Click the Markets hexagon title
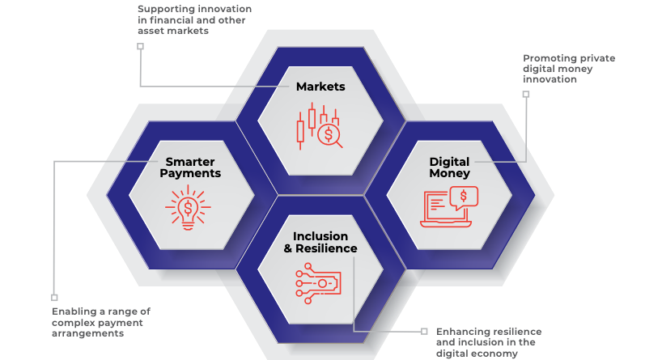coord(320,87)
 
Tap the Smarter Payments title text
coord(190,167)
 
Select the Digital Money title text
coord(449,167)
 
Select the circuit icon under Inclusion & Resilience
coord(320,282)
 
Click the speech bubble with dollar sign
coord(463,197)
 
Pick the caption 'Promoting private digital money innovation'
coord(566,69)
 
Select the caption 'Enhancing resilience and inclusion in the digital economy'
coord(489,342)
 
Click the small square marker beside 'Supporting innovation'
coord(140,47)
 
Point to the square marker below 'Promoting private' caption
coord(525,95)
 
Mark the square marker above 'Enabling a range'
coord(54,297)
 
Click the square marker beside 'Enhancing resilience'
coord(423,331)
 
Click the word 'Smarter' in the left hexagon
coord(190,161)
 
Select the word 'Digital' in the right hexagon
coord(449,162)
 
